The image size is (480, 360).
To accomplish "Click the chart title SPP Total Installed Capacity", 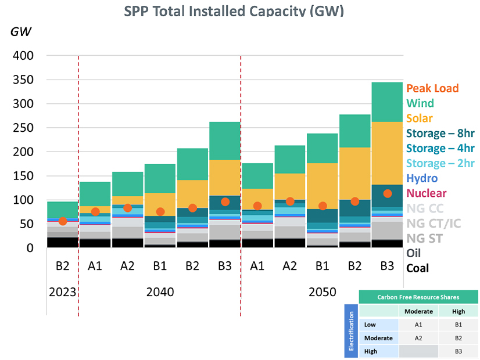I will coord(234,11).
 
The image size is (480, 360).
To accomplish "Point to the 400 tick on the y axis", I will coord(23,56).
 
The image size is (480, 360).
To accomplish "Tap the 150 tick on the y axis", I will coord(23,176).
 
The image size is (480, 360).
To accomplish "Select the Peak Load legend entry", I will coord(432,88).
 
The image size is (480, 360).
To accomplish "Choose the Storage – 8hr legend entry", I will coord(440,133).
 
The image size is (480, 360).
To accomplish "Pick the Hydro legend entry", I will coord(422,178).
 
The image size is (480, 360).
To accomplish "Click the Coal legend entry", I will coord(418,268).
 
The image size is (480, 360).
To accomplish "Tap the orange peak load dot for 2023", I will coord(63,221).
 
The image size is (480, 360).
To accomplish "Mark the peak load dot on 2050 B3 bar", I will coord(387,193).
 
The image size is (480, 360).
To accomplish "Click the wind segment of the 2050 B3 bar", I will coord(387,102).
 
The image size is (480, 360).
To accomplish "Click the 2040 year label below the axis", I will coord(160,291).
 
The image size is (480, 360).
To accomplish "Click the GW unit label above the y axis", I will coord(22,31).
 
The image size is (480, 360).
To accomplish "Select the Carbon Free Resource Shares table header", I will coord(418,297).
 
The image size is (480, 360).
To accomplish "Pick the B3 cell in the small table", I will coord(458,351).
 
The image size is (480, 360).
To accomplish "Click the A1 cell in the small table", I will coord(418,325).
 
